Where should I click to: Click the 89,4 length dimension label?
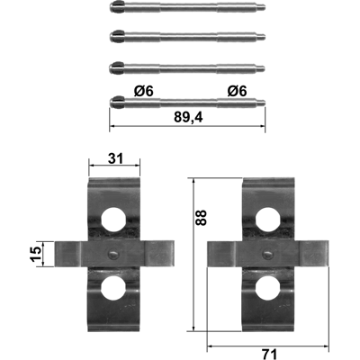click(188, 118)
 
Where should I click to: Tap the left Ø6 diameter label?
click(143, 91)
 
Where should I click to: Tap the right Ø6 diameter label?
click(237, 91)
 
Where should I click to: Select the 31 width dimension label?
click(115, 158)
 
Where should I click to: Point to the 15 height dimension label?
click(37, 254)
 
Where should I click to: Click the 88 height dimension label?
click(202, 218)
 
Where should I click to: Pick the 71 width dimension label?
click(269, 355)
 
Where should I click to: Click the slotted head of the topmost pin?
click(118, 6)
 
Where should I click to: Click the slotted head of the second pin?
click(118, 36)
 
